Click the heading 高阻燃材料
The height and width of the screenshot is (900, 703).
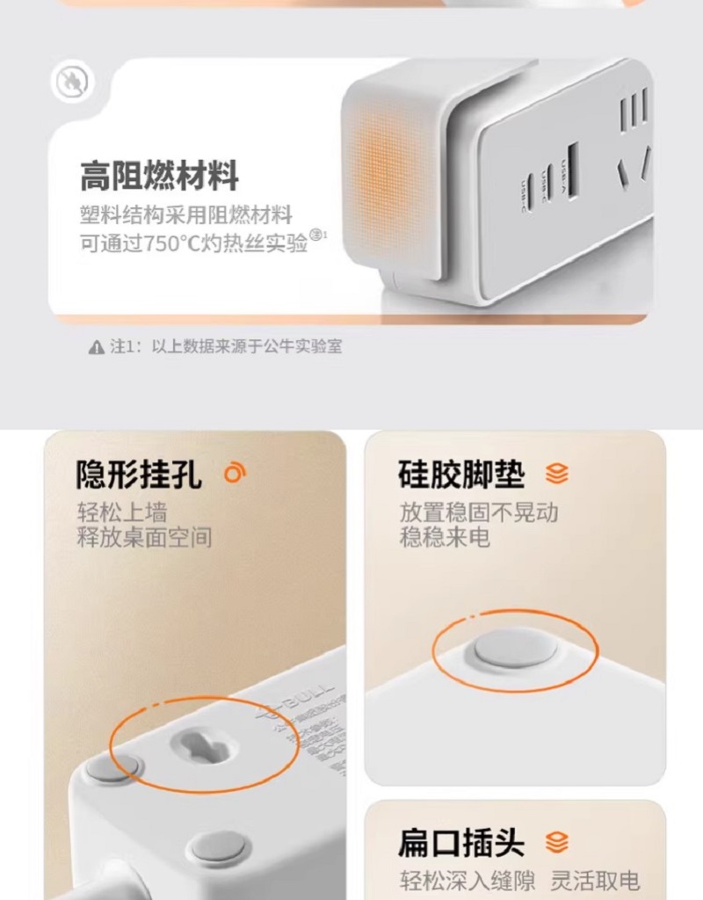point(159,176)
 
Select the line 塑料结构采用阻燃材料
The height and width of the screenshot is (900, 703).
point(185,215)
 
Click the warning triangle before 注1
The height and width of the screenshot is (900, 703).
point(96,347)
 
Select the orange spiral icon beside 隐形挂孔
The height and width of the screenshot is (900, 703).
point(234,474)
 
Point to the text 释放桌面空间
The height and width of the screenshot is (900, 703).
point(144,536)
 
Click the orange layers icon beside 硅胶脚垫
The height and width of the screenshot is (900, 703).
point(556,475)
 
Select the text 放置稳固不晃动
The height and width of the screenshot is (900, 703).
point(479,512)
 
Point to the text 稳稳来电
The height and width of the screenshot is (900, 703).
point(445,537)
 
